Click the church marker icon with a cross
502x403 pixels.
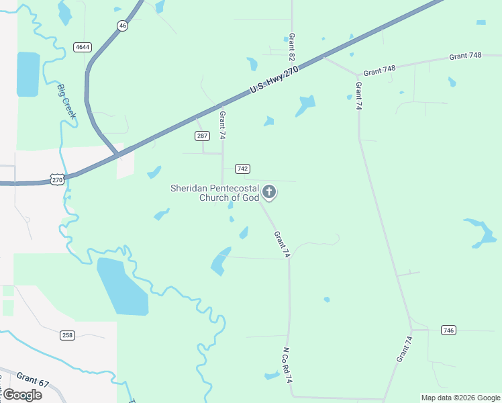click(x=269, y=193)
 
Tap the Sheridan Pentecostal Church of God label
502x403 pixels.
click(x=215, y=193)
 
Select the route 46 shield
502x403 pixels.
click(x=121, y=25)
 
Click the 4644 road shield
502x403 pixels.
click(x=83, y=47)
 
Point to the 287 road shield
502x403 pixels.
click(x=203, y=136)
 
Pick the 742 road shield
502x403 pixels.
click(x=242, y=169)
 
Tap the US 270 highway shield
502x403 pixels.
click(x=57, y=179)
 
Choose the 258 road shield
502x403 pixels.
click(x=67, y=335)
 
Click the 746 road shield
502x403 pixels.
click(x=449, y=330)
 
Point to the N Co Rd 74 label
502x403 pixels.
click(x=287, y=365)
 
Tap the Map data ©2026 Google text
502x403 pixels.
click(x=460, y=398)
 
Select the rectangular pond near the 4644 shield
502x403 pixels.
click(x=28, y=74)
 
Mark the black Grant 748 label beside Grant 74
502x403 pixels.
click(x=380, y=71)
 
